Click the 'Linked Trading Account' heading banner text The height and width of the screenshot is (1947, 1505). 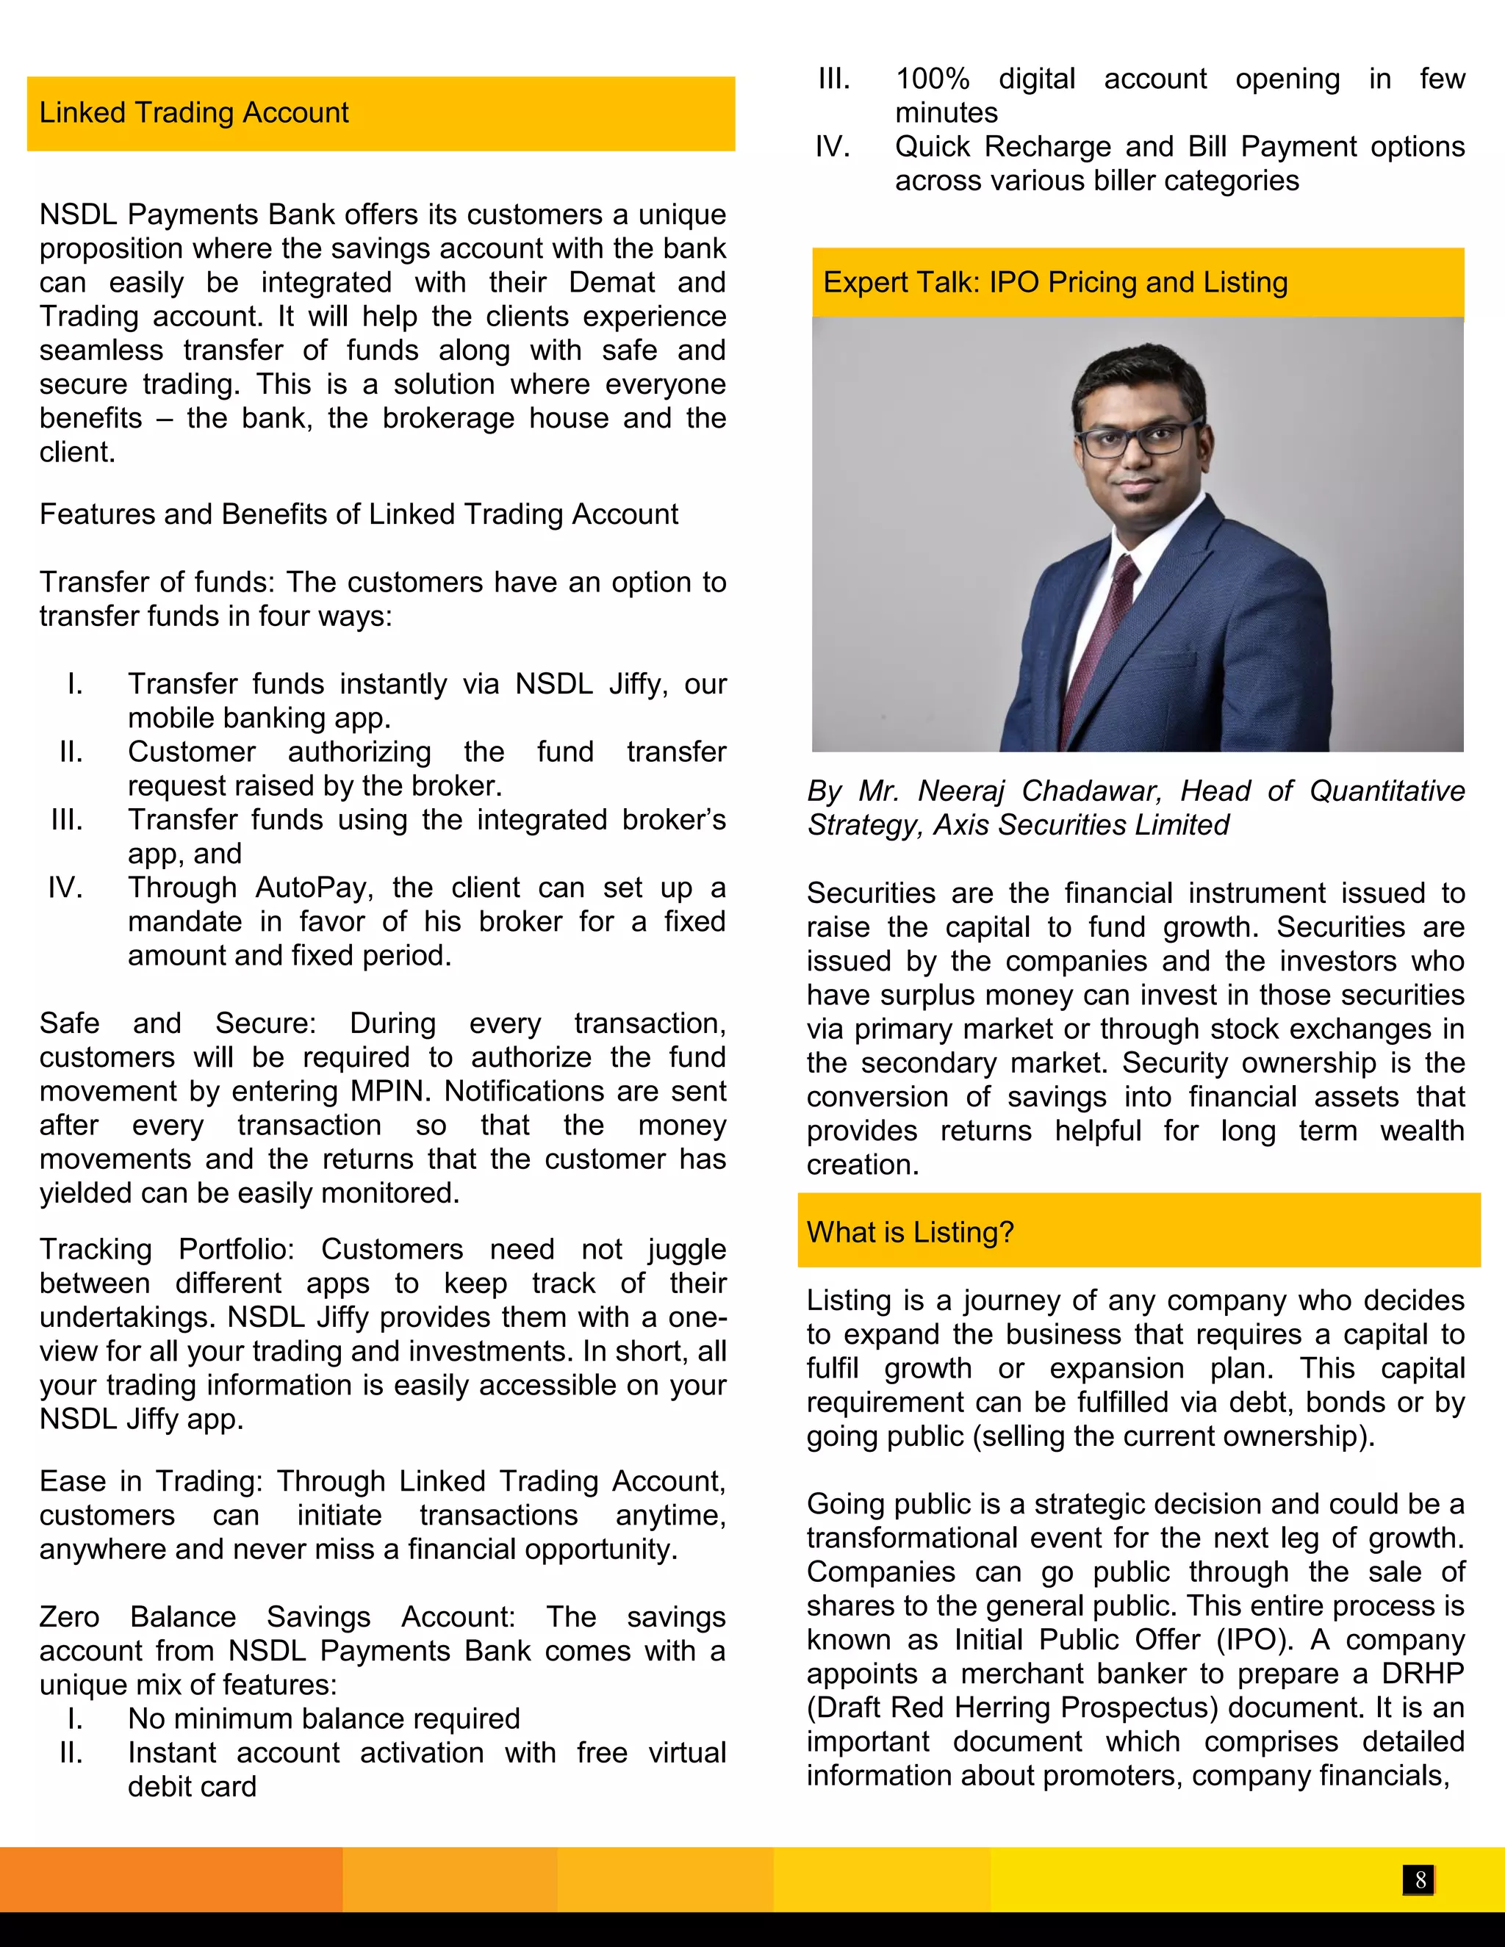coord(193,113)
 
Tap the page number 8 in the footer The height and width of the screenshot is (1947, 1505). coord(1420,1880)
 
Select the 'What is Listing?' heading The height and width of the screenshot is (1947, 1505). coord(910,1232)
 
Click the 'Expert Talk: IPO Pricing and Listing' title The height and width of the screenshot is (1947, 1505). coord(1055,283)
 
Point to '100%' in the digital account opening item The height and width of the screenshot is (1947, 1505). coord(932,79)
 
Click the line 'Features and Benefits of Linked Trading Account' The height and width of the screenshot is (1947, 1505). coord(359,514)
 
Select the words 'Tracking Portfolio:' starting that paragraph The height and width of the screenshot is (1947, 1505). coord(167,1249)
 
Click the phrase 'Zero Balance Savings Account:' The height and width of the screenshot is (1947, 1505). coord(277,1616)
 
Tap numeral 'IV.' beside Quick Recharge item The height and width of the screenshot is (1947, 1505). coord(833,147)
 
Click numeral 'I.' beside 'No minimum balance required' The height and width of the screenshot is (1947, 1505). coord(75,1718)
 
